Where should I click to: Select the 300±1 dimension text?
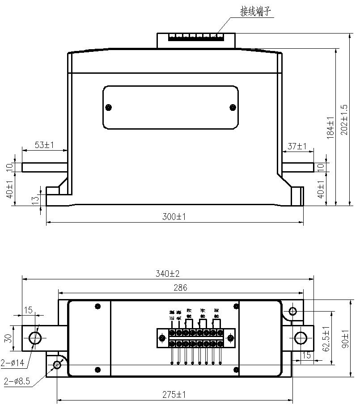click(x=174, y=217)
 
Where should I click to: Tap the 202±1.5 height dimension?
click(x=344, y=120)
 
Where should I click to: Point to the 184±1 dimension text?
click(x=330, y=127)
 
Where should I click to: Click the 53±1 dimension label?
click(x=44, y=145)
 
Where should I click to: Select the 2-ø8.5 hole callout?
click(x=16, y=381)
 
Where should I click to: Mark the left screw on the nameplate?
click(x=108, y=107)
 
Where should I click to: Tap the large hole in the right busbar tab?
click(x=300, y=338)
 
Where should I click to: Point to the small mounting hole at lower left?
click(x=57, y=364)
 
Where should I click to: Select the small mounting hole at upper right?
click(x=293, y=311)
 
